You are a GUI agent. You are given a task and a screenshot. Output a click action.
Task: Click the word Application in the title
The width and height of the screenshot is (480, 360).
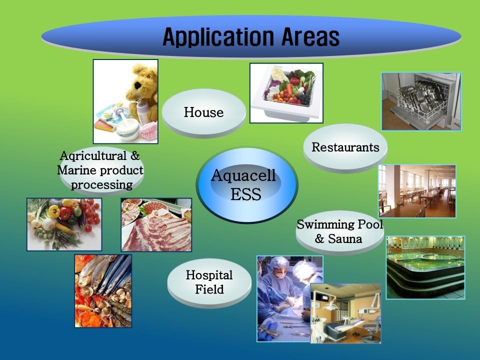coord(218,37)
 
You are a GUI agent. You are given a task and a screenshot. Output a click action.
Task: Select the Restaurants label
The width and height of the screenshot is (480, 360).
coord(345,147)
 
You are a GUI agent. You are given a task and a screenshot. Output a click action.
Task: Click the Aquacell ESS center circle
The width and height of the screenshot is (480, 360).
coord(246,184)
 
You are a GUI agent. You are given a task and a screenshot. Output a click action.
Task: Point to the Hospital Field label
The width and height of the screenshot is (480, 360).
coord(209,282)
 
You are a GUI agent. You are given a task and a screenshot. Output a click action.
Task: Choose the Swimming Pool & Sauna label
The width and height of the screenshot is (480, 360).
coord(340,231)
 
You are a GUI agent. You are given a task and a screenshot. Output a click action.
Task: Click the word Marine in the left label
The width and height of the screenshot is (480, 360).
coord(76,170)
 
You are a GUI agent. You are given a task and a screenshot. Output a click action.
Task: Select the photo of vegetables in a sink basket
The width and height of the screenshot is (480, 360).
coord(286,93)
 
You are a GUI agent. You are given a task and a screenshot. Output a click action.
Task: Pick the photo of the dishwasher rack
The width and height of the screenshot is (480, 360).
coord(421,101)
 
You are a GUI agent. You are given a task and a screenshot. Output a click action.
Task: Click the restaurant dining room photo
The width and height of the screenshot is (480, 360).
coord(417,191)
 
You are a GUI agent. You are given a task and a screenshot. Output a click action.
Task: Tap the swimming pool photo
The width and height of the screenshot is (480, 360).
coord(425,267)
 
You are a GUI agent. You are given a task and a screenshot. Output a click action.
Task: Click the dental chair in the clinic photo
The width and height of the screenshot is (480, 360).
coord(340,327)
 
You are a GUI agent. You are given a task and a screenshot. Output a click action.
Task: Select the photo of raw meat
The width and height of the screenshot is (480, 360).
coord(156,224)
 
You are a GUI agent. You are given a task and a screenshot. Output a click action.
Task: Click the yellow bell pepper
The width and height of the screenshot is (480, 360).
coord(54,211)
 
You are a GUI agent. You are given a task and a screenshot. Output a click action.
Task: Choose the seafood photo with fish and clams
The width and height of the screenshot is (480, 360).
coord(103,291)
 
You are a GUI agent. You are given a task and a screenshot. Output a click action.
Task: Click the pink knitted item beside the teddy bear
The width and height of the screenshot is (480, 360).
coord(149,130)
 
